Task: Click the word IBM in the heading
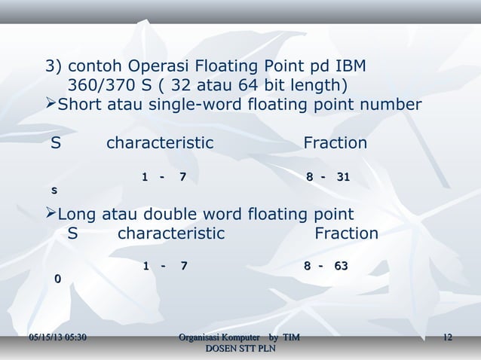[349, 65]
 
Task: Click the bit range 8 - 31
[328, 177]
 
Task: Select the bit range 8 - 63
[326, 266]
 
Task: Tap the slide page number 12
[447, 336]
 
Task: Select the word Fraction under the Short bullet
[335, 143]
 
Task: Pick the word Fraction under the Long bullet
[346, 233]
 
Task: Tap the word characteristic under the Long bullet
[171, 233]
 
